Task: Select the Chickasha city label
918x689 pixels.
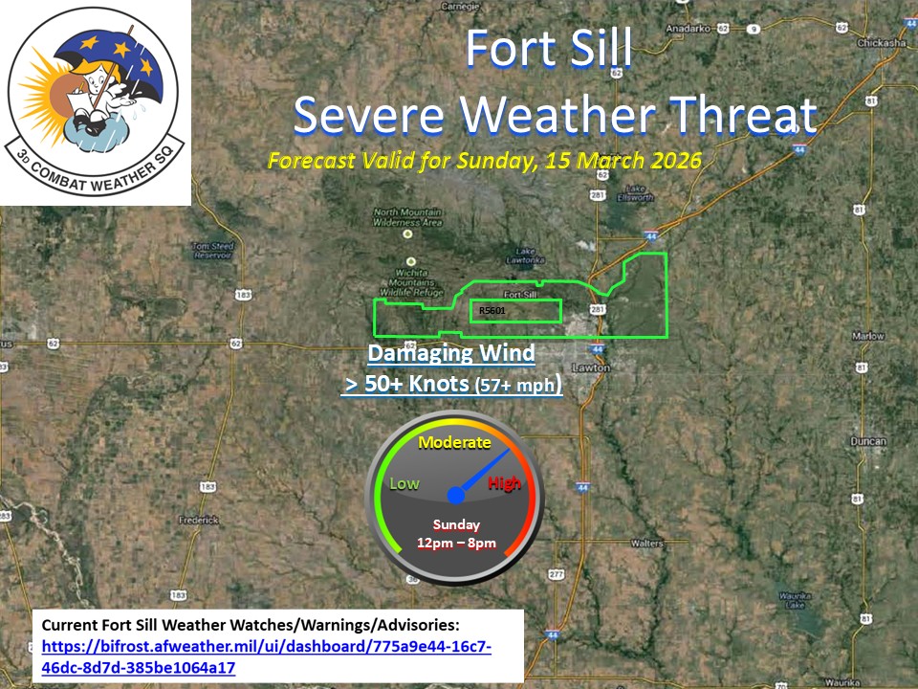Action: [882, 43]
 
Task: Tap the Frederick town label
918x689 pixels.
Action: [198, 520]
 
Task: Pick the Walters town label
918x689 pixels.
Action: [647, 543]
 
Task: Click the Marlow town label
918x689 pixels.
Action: [869, 336]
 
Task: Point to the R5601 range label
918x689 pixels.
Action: [492, 311]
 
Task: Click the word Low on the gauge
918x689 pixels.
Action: [404, 483]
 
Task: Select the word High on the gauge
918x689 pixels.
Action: [504, 483]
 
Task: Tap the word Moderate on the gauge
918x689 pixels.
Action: [454, 442]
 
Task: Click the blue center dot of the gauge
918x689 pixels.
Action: [456, 495]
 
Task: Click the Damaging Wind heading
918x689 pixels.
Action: [451, 353]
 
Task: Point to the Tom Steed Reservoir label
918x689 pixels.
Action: [213, 251]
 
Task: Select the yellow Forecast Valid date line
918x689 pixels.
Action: [485, 160]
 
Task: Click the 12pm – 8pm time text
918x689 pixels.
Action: [456, 544]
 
